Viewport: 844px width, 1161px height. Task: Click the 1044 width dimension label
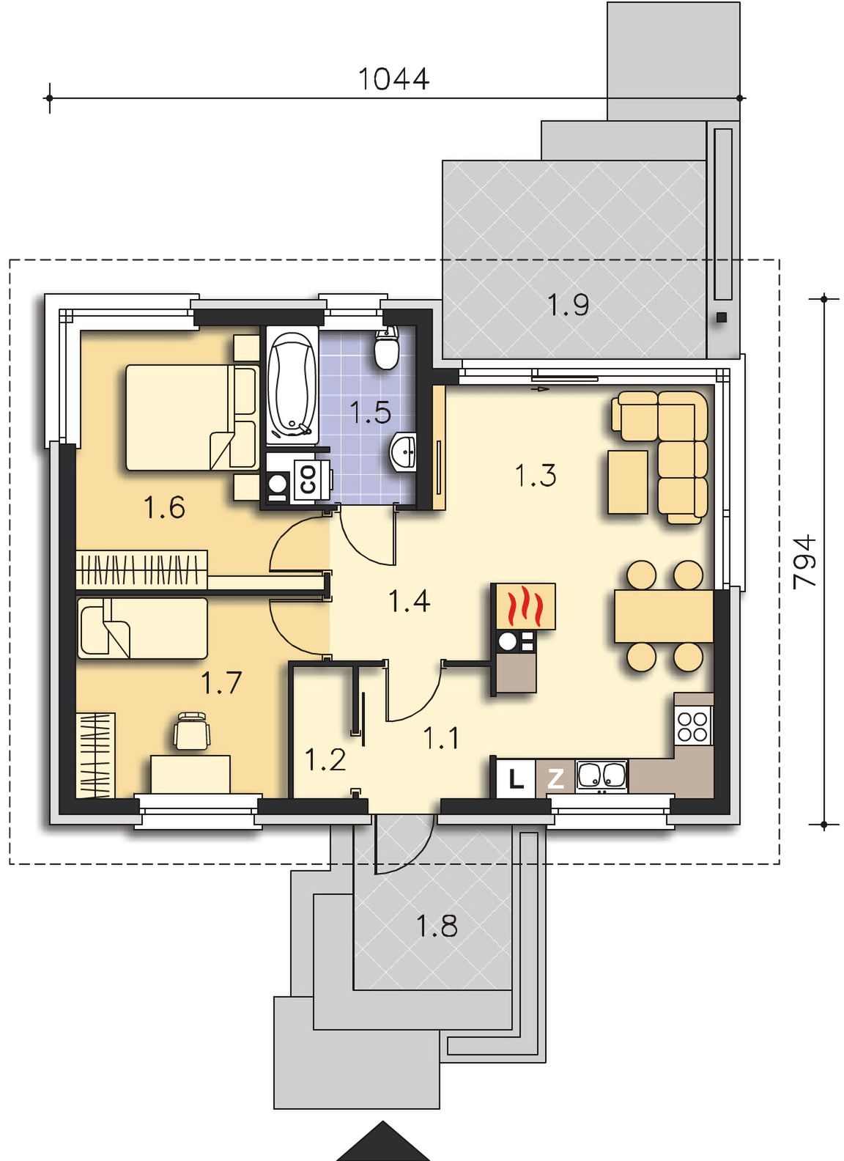point(393,78)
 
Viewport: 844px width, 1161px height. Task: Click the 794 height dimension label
point(804,561)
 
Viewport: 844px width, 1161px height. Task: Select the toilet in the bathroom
point(385,346)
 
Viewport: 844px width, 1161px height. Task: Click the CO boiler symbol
point(308,479)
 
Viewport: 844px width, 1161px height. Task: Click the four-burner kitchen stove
point(693,726)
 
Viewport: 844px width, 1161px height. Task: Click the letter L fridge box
point(516,779)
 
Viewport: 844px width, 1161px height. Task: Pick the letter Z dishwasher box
point(555,779)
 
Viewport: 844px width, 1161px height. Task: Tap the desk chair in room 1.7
point(192,730)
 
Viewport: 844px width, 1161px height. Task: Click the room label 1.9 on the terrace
point(569,305)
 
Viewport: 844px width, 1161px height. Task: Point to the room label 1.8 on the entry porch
point(437,926)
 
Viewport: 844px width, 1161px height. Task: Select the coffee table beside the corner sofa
point(627,482)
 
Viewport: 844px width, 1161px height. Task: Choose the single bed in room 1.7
point(142,628)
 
